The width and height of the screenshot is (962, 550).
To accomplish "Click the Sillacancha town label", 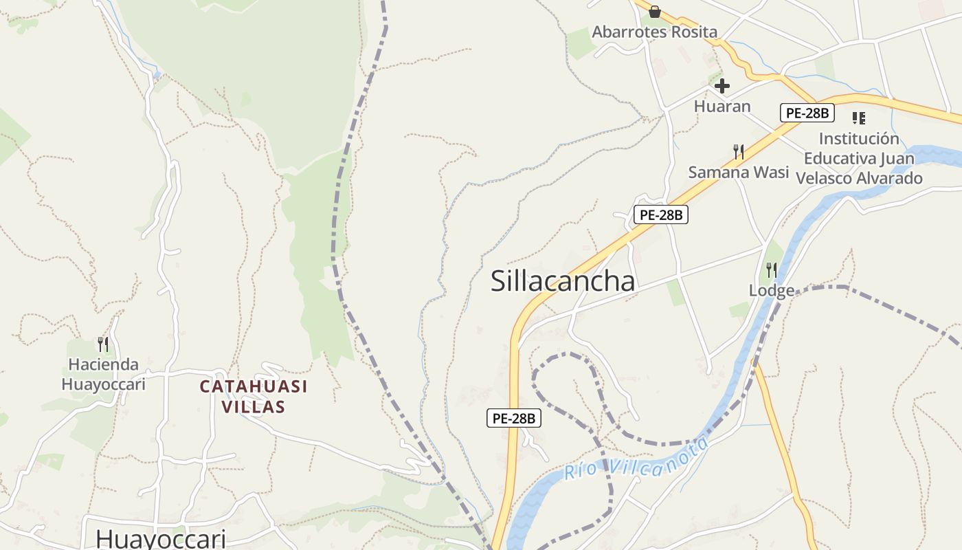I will tap(563, 281).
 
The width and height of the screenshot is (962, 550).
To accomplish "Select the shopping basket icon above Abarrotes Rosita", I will tap(654, 12).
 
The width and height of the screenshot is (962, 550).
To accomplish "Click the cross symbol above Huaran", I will tap(722, 86).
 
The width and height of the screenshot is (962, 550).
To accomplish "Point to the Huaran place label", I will tap(722, 107).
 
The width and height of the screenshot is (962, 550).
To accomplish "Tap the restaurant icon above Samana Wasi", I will tap(739, 152).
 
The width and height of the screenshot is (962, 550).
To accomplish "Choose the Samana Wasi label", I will tap(739, 172).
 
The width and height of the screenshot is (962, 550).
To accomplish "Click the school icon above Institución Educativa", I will tap(858, 118).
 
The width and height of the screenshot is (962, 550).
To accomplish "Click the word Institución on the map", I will tap(859, 138).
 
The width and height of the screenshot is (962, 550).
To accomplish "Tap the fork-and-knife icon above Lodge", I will tap(772, 269).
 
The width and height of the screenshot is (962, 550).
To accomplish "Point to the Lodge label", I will tap(772, 291).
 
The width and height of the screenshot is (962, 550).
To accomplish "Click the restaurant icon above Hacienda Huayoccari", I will tap(103, 344).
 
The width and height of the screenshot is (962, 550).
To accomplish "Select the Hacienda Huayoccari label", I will tap(103, 374).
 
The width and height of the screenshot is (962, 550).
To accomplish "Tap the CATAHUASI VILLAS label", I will tap(254, 397).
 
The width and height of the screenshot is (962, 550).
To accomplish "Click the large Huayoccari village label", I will tap(161, 538).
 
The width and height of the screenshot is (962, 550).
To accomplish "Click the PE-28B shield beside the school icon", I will tap(807, 113).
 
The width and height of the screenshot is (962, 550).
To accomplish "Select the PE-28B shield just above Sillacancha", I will tap(660, 214).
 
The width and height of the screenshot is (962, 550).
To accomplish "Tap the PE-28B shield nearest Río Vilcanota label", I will tap(514, 417).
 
